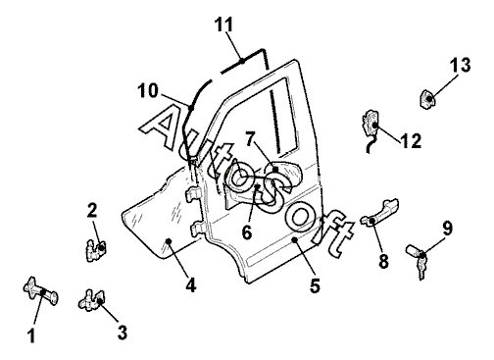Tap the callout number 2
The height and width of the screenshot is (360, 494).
pos(92,210)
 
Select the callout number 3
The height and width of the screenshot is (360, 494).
pos(123,333)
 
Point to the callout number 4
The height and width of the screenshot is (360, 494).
pos(191,284)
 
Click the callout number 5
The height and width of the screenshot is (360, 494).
pos(315,285)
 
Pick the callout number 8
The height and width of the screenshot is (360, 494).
pos(383,261)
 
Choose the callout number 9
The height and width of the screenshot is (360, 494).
pos(448,228)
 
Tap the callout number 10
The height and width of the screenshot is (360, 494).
pos(148,90)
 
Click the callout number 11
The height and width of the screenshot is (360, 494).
pos(224,25)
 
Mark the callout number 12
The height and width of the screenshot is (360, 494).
pos(411,141)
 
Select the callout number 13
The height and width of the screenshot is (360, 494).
pos(461,65)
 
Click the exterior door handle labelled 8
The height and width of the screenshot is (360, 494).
pos(380,212)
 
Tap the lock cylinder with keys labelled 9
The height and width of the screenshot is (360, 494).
pos(418,261)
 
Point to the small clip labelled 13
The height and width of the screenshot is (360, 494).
pos(427,98)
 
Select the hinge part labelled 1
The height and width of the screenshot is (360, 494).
pos(40,292)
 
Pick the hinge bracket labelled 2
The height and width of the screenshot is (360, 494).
pos(96,250)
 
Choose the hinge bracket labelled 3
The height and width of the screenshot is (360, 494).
pos(92,300)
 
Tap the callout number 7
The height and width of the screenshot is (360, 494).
pos(250,139)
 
